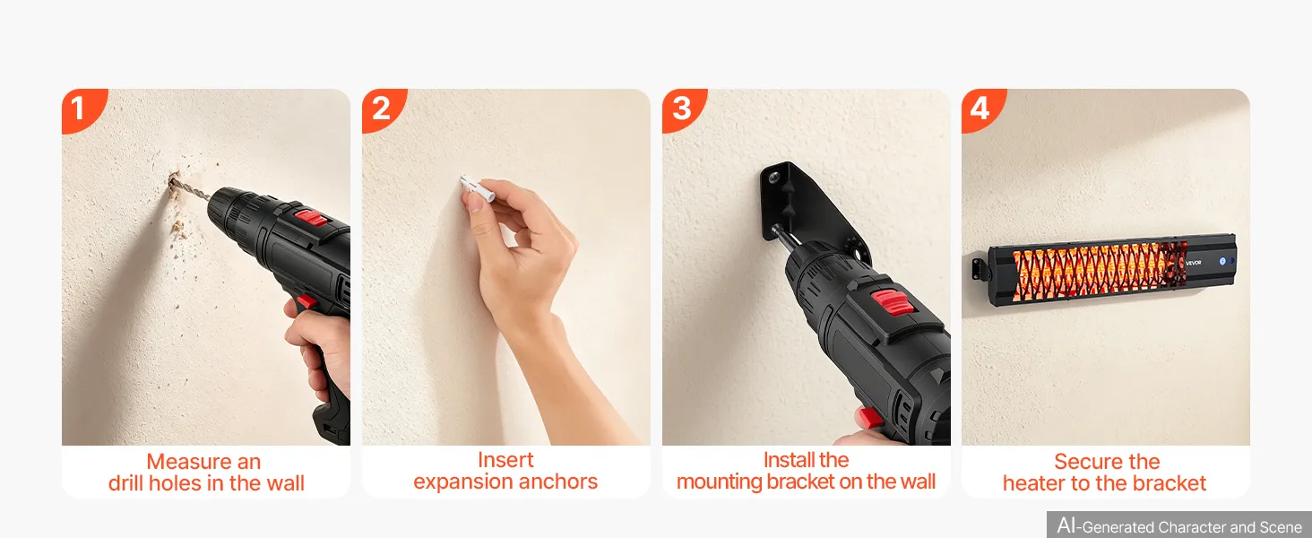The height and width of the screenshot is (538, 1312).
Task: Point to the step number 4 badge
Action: click(x=982, y=109)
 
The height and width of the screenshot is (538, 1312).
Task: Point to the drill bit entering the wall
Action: click(x=188, y=190)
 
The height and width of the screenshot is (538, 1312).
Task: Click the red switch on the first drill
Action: click(x=310, y=219)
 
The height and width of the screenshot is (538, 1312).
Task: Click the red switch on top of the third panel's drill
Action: click(x=892, y=302)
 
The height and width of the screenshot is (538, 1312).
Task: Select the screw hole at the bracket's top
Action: click(x=773, y=177)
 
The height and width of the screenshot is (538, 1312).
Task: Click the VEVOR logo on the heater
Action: click(x=1193, y=263)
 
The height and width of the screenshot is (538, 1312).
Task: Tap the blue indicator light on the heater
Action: click(x=1223, y=262)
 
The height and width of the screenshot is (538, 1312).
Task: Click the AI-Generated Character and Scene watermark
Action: click(x=1178, y=525)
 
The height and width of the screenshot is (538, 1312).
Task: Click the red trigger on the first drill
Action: click(x=306, y=303)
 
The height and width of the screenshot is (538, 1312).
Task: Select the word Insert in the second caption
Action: click(x=505, y=460)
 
